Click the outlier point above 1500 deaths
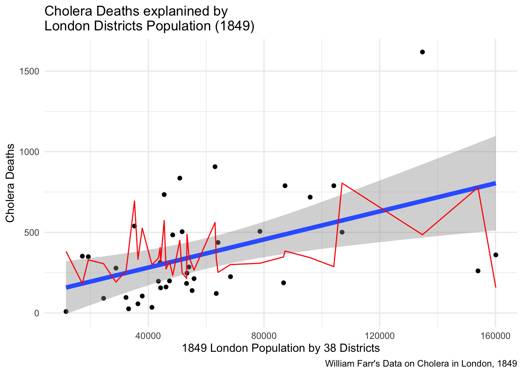[x=422, y=52]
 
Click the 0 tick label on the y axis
[x=37, y=313]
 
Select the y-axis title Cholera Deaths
[x=11, y=183]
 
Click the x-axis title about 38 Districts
[x=281, y=348]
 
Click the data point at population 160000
[x=495, y=255]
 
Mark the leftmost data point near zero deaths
[x=66, y=311]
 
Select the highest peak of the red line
[x=342, y=183]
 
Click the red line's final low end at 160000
[x=495, y=287]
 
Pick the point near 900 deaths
[x=215, y=167]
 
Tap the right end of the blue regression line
[x=495, y=183]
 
